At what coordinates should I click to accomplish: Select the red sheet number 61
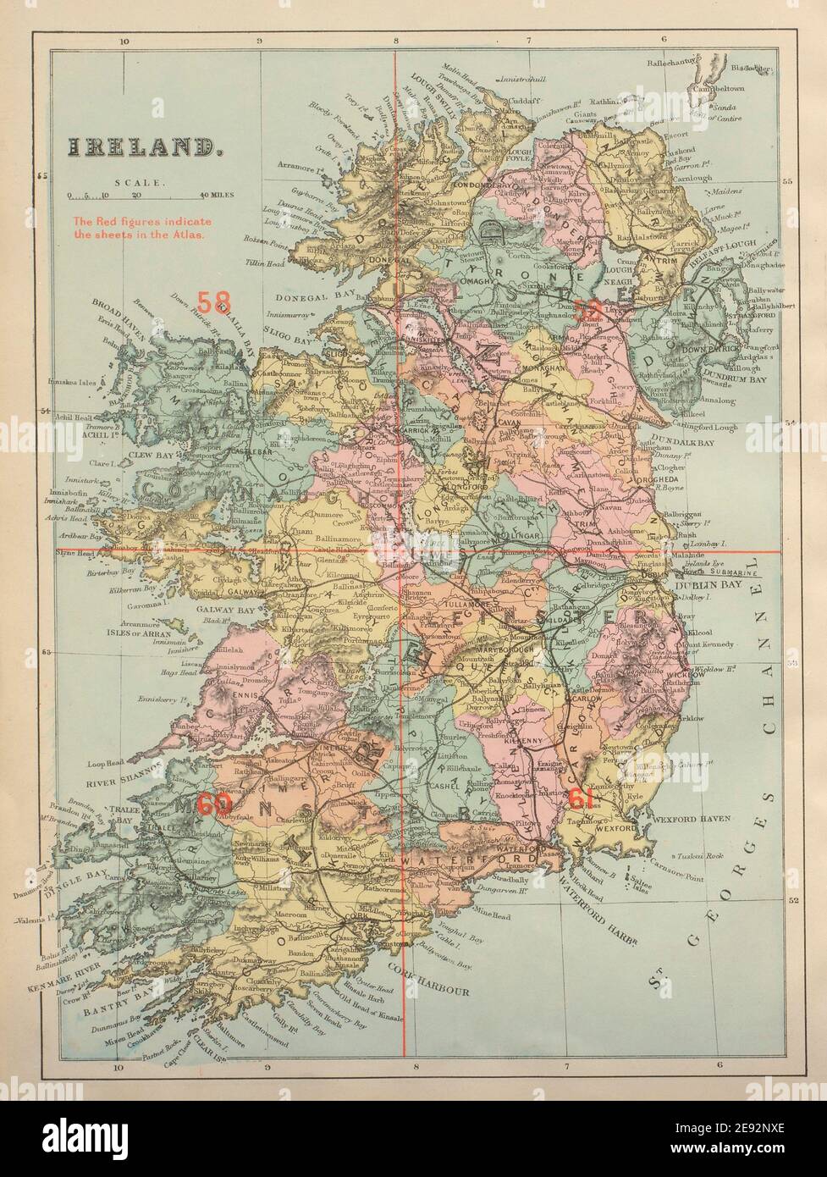click(580, 798)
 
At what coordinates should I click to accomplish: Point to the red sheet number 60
click(213, 804)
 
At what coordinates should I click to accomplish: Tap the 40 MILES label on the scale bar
click(216, 195)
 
